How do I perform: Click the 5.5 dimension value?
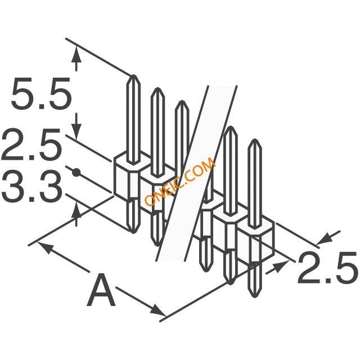point(41,93)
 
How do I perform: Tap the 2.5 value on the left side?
point(31,145)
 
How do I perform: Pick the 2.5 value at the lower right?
point(328,267)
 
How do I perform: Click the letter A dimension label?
point(101,290)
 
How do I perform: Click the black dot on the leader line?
point(76,172)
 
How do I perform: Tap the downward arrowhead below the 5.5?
point(76,131)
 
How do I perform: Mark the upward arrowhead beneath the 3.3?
point(76,211)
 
